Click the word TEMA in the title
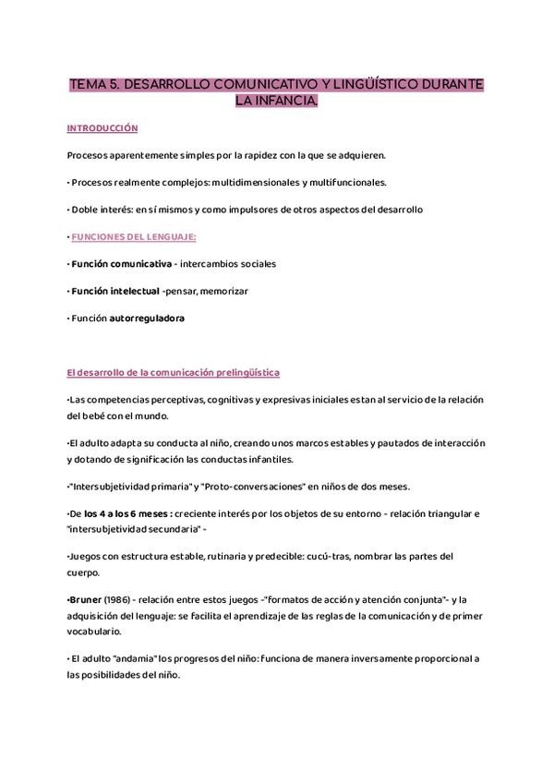pyautogui.click(x=88, y=85)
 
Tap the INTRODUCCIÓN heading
pyautogui.click(x=102, y=128)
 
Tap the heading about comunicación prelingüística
pyautogui.click(x=174, y=372)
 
